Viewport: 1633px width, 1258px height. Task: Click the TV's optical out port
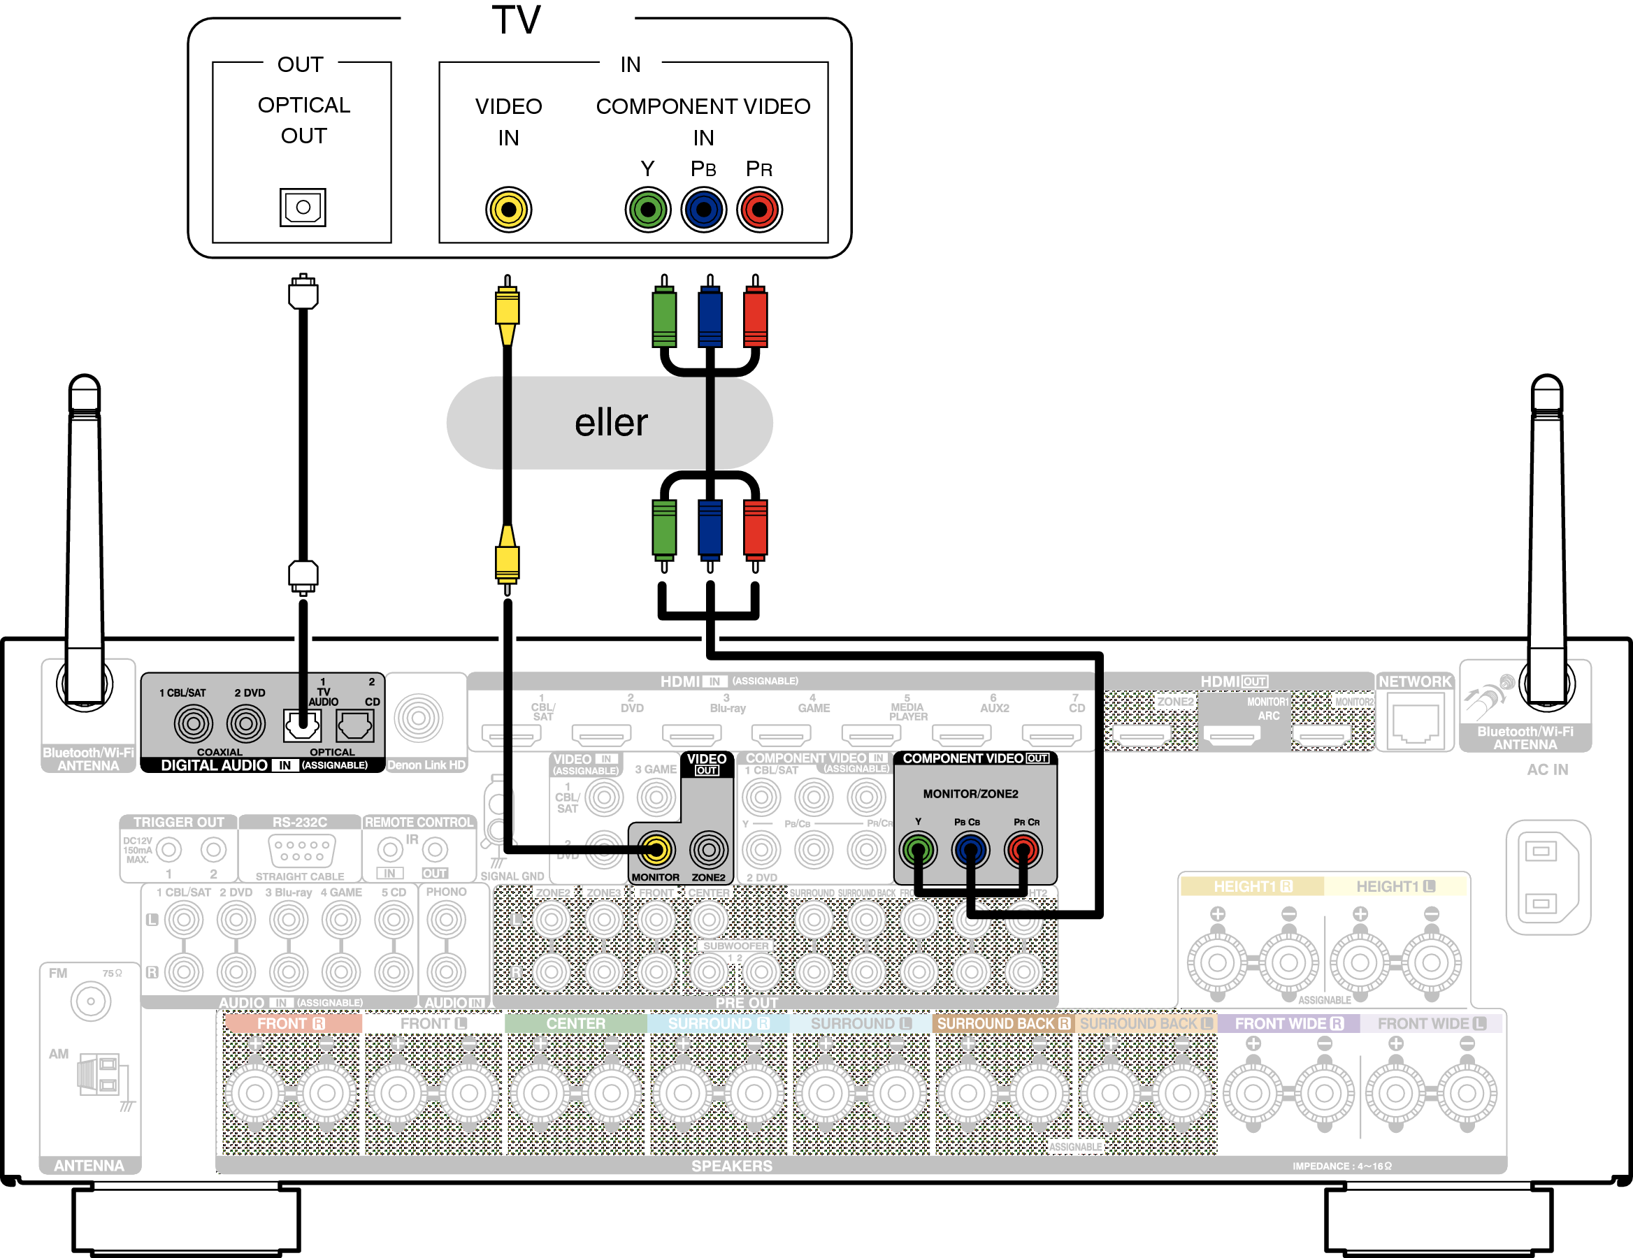click(303, 207)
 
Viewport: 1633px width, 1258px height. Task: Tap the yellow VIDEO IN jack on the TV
click(508, 209)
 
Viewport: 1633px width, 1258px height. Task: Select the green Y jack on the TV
click(647, 209)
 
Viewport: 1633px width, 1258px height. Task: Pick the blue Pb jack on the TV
click(703, 209)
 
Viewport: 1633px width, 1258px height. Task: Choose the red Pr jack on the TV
click(759, 209)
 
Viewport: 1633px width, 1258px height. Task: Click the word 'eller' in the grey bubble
click(610, 423)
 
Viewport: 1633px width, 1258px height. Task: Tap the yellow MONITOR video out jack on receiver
click(656, 849)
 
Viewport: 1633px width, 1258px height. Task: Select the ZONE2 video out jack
click(708, 849)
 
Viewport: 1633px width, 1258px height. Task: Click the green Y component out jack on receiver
click(918, 850)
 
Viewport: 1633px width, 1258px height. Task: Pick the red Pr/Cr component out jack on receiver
click(1023, 850)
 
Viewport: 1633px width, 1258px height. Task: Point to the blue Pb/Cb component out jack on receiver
click(970, 850)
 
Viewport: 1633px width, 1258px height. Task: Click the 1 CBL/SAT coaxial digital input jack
click(193, 723)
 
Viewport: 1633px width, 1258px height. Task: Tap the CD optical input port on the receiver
click(355, 724)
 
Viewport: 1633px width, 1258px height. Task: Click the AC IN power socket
click(1547, 877)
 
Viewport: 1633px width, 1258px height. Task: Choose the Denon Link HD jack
click(419, 718)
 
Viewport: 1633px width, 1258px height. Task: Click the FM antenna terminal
click(90, 1001)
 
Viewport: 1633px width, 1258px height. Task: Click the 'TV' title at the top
click(516, 20)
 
